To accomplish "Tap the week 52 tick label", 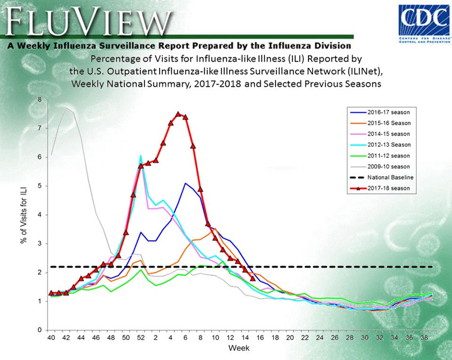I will pos(140,338).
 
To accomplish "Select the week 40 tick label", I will pos(50,338).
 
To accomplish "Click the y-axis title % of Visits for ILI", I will pos(23,215).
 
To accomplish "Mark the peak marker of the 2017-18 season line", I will pos(178,114).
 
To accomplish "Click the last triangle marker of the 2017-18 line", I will pos(253,278).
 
